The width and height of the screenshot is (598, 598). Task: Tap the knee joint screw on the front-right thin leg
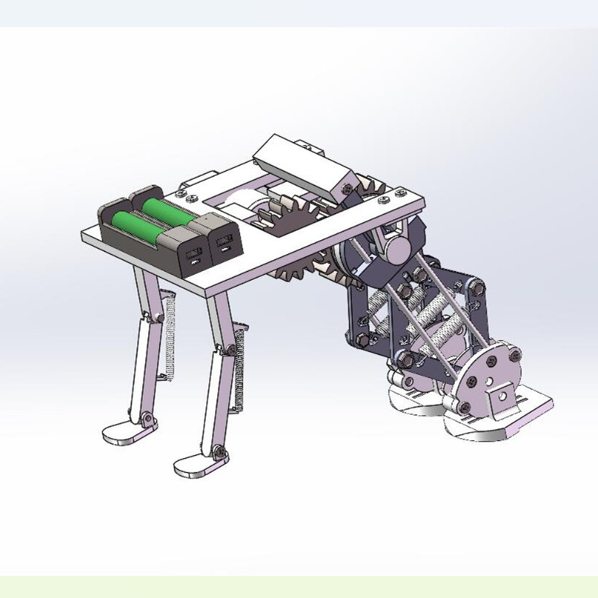[231, 349]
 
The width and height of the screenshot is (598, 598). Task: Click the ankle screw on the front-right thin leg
[219, 451]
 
